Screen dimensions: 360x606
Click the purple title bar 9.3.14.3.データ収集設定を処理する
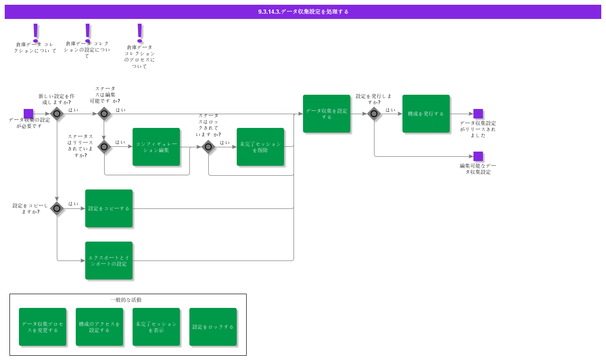point(303,12)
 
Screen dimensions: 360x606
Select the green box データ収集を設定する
point(327,114)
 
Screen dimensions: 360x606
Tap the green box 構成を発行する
point(426,114)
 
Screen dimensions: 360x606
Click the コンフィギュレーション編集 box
point(156,147)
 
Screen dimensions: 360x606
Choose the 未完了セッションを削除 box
point(260,147)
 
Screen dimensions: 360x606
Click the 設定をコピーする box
point(109,208)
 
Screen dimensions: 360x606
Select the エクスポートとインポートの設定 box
point(109,261)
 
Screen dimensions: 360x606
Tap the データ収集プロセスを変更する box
point(43,327)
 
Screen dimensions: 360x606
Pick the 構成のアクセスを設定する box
point(99,327)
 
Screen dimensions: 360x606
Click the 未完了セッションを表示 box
point(156,327)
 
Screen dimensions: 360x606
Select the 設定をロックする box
point(213,327)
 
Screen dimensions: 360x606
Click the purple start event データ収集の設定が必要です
point(28,114)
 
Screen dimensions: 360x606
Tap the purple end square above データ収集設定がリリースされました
point(478,114)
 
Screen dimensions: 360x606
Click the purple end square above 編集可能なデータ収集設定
point(478,156)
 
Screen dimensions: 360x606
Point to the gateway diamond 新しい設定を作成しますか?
point(57,114)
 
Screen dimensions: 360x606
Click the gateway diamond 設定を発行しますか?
point(374,114)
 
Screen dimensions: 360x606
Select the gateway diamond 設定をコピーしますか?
point(57,208)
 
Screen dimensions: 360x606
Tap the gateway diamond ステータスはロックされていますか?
point(208,147)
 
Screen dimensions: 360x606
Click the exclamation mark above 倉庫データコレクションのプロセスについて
point(140,32)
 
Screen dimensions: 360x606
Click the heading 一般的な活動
point(126,300)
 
